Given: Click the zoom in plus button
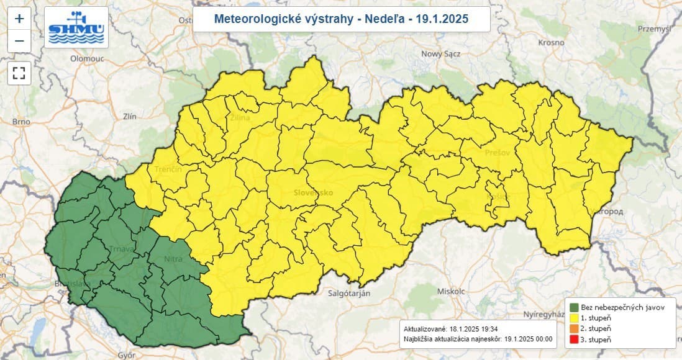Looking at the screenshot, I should click(x=19, y=19).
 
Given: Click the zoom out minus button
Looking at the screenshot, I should click(x=19, y=41).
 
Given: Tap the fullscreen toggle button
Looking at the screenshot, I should click(x=19, y=73).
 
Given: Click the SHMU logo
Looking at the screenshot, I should click(x=77, y=27).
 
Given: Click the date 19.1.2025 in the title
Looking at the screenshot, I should click(x=443, y=19).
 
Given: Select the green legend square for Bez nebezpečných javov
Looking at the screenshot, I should click(x=573, y=307).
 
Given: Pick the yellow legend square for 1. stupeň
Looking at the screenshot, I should click(x=573, y=318).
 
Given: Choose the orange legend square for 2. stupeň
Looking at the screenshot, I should click(x=573, y=328).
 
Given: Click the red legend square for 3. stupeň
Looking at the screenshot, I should click(x=573, y=339).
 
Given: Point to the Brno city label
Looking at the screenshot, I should click(x=21, y=122).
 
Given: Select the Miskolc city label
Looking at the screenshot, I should click(x=451, y=290).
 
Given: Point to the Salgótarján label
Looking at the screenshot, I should click(x=349, y=294).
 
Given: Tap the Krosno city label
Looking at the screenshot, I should click(x=552, y=43).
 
